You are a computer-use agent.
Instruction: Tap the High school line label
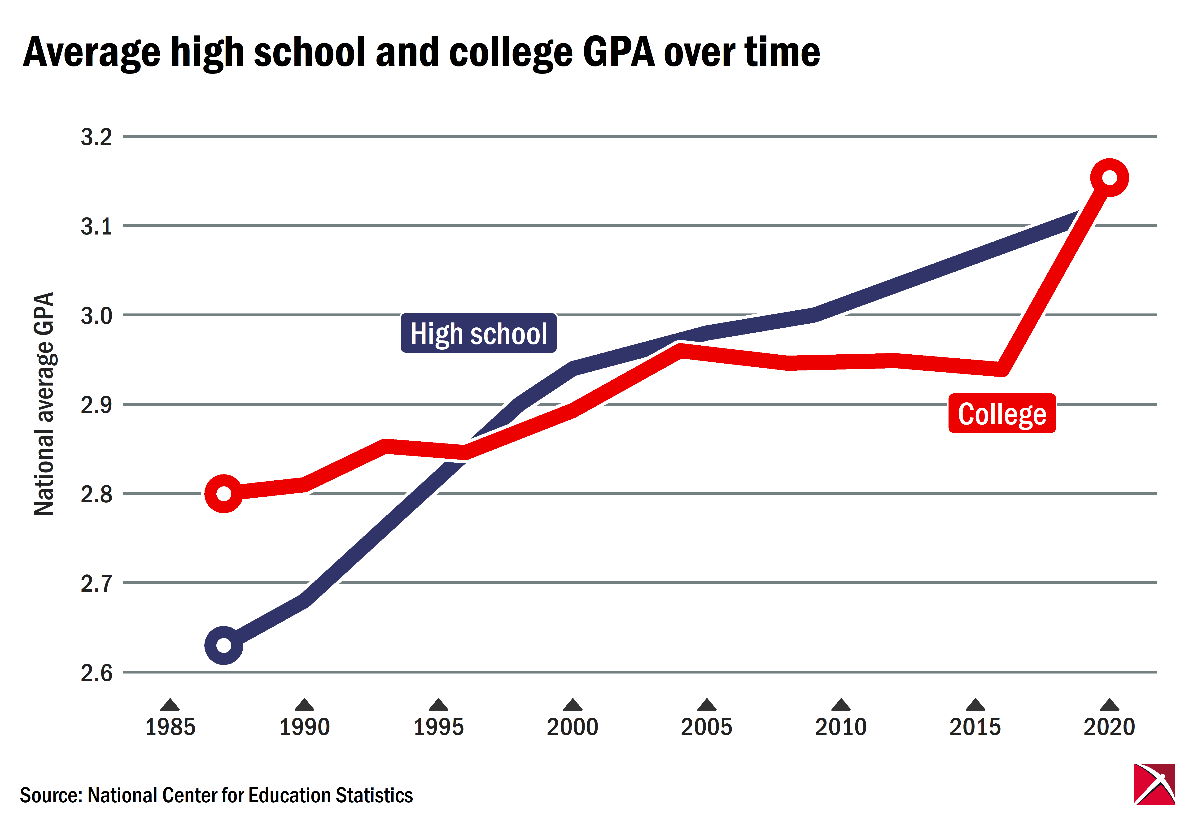pos(478,333)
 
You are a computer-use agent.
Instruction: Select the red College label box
pos(1002,414)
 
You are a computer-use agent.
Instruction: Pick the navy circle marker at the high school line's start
pos(224,645)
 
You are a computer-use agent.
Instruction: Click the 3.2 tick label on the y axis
pos(96,137)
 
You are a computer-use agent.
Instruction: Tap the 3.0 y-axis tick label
pos(96,316)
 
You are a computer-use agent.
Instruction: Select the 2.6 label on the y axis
pos(96,673)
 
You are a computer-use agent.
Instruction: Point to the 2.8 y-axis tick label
pos(96,495)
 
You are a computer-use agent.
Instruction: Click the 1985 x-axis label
pos(170,727)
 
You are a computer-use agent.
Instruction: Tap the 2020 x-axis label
pos(1109,727)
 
